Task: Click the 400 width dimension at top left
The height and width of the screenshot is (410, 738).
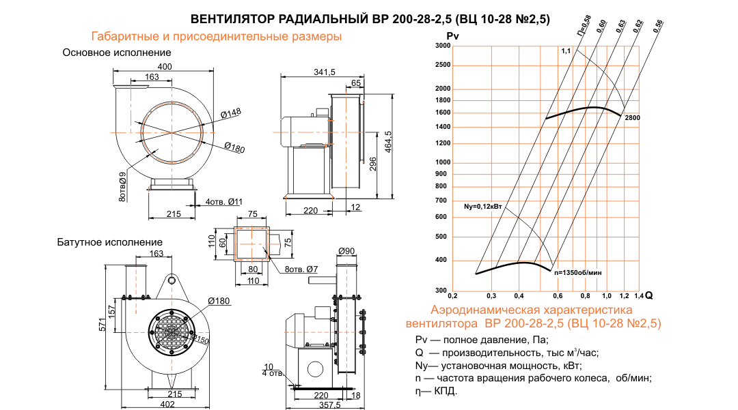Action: click(x=165, y=66)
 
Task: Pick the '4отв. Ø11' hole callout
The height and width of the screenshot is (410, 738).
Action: click(x=224, y=201)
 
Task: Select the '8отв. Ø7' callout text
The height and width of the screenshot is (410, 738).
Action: click(x=301, y=269)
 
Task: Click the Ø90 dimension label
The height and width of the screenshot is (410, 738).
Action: click(x=347, y=251)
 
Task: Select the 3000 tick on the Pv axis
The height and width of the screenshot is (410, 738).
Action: click(x=442, y=46)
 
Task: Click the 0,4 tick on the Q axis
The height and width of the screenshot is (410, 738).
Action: click(x=519, y=296)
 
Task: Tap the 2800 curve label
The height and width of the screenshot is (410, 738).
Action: click(x=632, y=118)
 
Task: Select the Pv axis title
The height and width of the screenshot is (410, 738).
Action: click(x=452, y=35)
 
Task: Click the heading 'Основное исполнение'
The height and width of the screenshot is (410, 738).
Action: click(x=117, y=53)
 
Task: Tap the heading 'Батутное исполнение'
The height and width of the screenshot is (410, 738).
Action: click(x=110, y=242)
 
